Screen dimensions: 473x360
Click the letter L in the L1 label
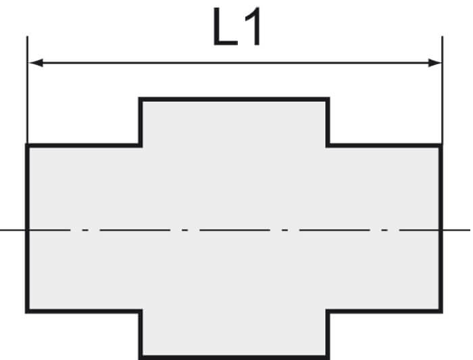pos(225,27)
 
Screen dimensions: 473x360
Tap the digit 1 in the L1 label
pos(253,27)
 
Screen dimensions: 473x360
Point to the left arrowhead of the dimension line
pos(36,63)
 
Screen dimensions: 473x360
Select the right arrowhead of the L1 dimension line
pos(434,63)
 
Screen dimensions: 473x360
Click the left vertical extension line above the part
pos(27,90)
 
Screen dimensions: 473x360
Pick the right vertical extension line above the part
pos(442,90)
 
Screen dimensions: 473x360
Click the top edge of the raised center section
pos(234,99)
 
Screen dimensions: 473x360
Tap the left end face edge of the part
pos(27,228)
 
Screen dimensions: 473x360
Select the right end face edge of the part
pos(441,228)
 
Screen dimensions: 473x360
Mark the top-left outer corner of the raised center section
pos(139,97)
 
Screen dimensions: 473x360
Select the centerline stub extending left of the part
pos(13,230)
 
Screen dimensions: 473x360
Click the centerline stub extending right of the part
pos(456,230)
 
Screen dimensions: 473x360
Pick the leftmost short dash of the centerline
pos(85,230)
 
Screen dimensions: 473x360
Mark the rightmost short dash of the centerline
pos(384,230)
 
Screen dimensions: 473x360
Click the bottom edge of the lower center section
pos(234,357)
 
